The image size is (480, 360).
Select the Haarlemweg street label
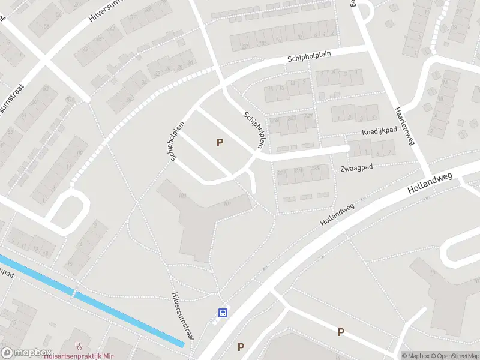click(404, 126)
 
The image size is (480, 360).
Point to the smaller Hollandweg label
click(337, 215)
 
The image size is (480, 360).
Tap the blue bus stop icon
click(223, 312)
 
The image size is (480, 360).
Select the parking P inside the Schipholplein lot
click(220, 143)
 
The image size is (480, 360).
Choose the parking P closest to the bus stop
click(241, 347)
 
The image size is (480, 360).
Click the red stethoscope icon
click(78, 346)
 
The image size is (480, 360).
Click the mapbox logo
click(26, 353)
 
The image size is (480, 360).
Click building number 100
click(182, 196)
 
